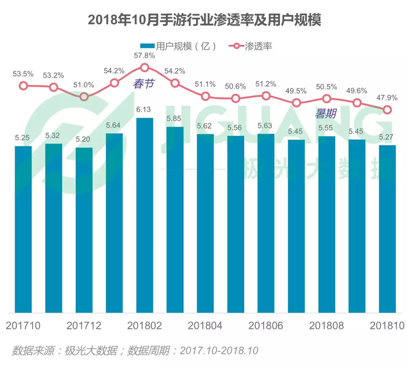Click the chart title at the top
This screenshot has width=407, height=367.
204,20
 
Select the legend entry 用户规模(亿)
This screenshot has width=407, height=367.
178,46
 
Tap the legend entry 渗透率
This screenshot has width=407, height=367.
251,46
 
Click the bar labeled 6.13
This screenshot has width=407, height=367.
145,215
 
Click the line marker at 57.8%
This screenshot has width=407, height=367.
145,68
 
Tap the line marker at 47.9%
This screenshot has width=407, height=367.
387,110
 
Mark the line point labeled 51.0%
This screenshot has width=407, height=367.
84,96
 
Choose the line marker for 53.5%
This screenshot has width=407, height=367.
23,86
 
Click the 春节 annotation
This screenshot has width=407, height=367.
143,84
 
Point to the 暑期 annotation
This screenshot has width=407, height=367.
325,113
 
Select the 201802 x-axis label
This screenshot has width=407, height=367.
145,326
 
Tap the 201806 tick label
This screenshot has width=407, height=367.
266,326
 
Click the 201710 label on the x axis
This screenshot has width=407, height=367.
23,326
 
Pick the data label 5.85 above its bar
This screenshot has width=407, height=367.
174,118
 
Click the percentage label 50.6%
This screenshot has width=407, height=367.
236,86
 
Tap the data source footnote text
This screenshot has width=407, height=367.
135,350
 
